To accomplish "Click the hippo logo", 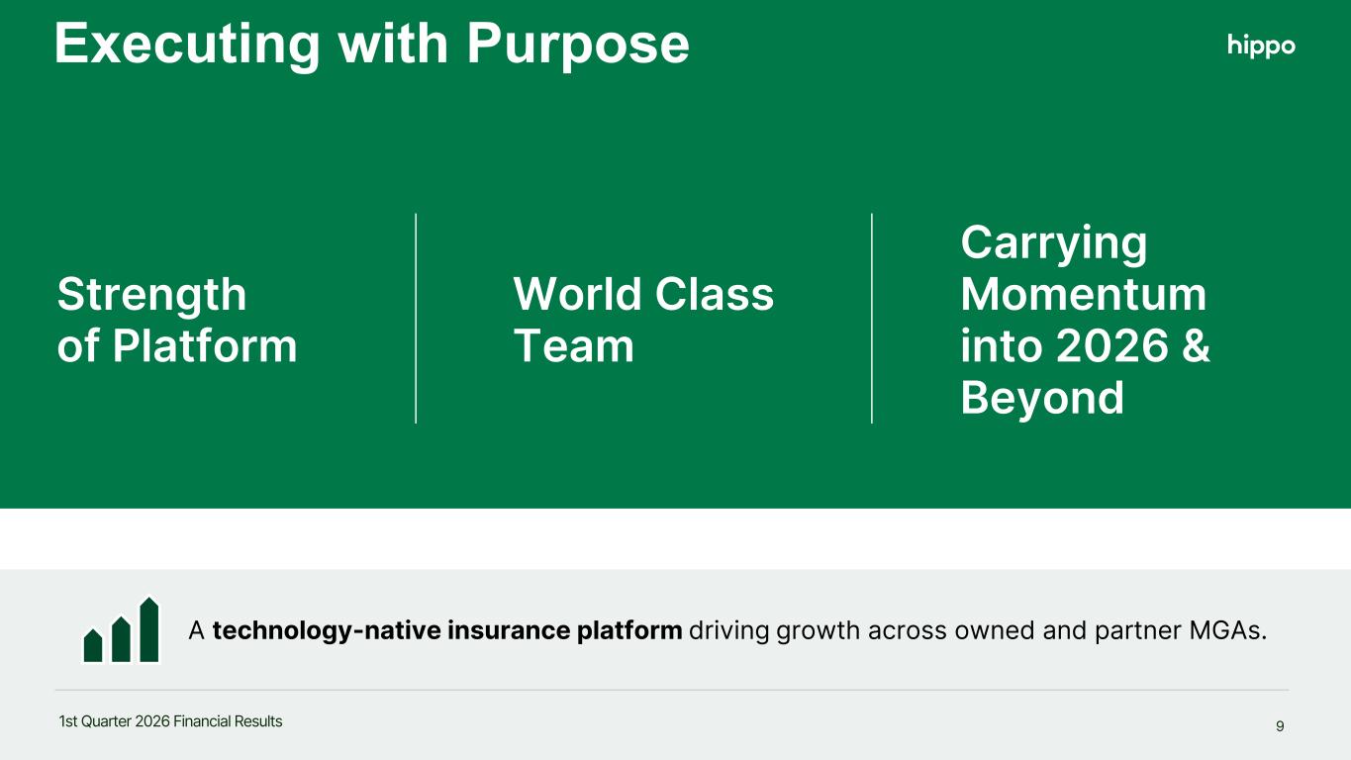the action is coord(1261,46).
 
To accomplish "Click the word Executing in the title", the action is coord(187,45).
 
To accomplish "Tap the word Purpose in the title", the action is coord(578,45).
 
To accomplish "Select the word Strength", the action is coord(152,295).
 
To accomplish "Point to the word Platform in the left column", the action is coord(205,346).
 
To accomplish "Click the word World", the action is coord(577,294).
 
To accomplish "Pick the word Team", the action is coord(574,346).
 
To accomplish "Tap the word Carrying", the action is coord(1054,243).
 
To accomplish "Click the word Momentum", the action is coord(1083,294).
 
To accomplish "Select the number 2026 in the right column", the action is coord(1112,345).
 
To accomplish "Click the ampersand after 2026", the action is coord(1196,345).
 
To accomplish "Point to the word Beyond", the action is coord(1042,399).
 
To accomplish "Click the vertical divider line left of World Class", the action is coord(416,319).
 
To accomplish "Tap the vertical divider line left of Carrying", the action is coord(872,319).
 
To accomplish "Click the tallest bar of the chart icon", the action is coord(149,629).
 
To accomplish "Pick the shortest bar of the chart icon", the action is coord(93,645).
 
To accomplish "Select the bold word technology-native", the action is coord(327,631).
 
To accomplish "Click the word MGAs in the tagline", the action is coord(1227,630).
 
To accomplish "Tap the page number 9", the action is coord(1280,726).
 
